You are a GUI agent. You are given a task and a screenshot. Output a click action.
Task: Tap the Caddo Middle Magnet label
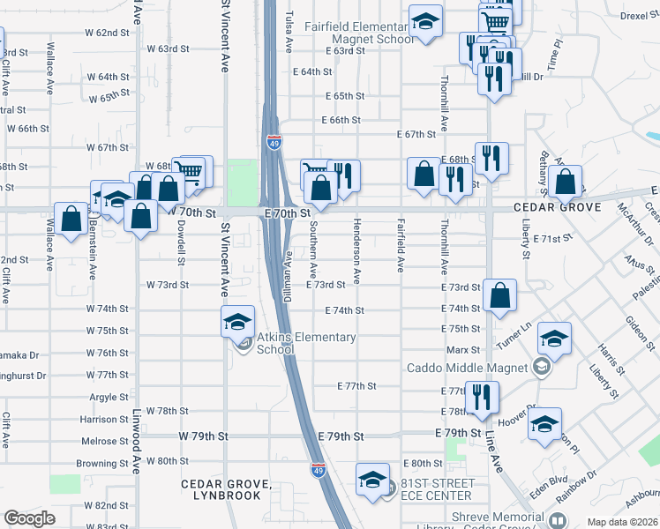pyautogui.click(x=466, y=368)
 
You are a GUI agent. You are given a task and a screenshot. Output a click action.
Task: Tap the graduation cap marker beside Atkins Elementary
pyautogui.click(x=237, y=323)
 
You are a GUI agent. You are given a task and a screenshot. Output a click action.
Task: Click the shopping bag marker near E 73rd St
pyautogui.click(x=499, y=298)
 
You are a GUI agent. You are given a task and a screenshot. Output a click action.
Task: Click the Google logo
pyautogui.click(x=28, y=518)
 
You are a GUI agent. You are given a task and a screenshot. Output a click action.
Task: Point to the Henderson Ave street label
pyautogui.click(x=357, y=251)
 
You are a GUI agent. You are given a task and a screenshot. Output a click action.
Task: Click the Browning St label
pyautogui.click(x=102, y=464)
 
